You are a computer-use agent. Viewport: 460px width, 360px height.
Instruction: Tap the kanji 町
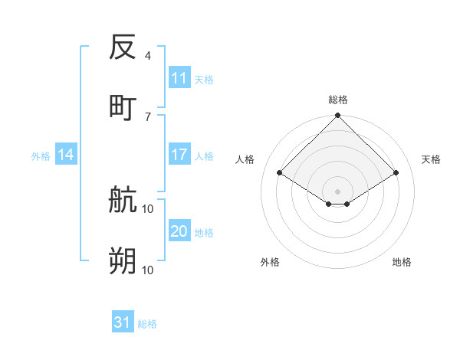point(123,107)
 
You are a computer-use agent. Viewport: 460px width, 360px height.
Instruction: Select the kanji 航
point(123,201)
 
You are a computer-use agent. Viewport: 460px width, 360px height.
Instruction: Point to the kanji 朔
point(123,261)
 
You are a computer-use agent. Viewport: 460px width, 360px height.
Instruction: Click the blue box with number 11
point(179,78)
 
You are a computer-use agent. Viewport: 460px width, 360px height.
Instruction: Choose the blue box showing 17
point(179,155)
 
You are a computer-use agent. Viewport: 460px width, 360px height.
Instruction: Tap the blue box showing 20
point(179,231)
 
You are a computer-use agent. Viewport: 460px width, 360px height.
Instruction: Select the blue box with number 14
point(66,155)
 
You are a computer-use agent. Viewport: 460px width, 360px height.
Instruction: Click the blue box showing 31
point(123,322)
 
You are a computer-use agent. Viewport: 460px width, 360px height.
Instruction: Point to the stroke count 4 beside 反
point(147,56)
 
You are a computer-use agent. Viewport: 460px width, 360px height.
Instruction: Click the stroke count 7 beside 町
point(147,116)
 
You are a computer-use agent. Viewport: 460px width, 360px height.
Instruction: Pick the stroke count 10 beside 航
point(148,209)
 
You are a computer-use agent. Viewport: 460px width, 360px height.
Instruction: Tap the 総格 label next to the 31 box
point(147,324)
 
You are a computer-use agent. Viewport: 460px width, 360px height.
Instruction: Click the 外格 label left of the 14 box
point(41,156)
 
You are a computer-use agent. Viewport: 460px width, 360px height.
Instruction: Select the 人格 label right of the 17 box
point(204,156)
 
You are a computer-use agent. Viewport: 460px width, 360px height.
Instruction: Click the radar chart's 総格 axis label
point(338,100)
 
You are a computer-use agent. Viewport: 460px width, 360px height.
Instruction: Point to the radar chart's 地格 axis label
point(402,262)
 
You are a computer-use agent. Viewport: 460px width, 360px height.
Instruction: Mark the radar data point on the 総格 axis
point(338,116)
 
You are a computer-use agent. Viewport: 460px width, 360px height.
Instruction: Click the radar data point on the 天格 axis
point(396,173)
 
